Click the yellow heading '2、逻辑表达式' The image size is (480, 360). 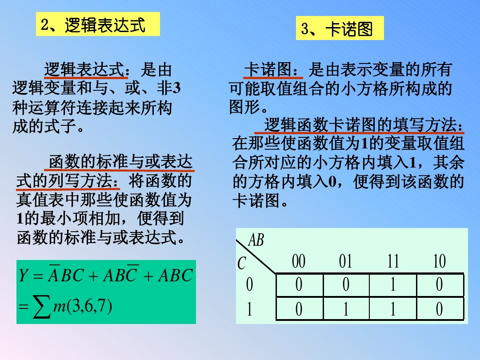tap(97, 24)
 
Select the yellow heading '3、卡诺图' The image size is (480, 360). tap(340, 29)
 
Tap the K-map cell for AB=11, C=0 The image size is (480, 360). tap(393, 285)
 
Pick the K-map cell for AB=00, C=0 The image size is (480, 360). tap(299, 285)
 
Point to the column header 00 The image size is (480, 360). tap(299, 261)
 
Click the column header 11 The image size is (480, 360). tap(393, 261)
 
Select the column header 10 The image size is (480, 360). tap(439, 261)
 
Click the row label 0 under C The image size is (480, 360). tap(249, 285)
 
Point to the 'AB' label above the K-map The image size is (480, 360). tap(256, 240)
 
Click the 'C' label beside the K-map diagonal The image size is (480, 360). tap(241, 264)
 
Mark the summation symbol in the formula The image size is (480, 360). tap(41, 307)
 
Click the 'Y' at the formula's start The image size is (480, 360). tap(23, 276)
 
